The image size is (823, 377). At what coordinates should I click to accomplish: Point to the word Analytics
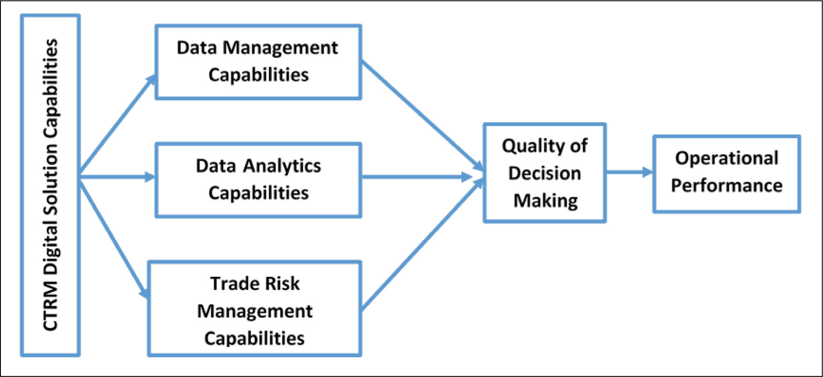point(282,167)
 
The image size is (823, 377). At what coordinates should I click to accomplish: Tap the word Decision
point(544,173)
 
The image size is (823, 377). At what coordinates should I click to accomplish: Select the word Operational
point(727,159)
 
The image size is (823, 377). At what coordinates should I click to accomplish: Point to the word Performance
point(727,185)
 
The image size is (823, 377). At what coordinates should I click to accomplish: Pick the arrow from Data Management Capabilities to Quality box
point(422,116)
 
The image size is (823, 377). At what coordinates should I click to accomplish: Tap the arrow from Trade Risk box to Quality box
point(422,244)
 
